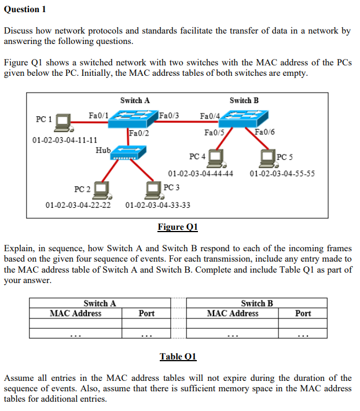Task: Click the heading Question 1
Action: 25,9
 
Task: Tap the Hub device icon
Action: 129,155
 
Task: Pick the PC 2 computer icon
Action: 102,189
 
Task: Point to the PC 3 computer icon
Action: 153,189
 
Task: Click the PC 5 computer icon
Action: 268,157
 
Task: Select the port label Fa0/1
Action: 98,115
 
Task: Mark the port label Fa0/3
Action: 169,115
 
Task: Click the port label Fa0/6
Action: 265,133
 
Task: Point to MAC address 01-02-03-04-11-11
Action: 65,140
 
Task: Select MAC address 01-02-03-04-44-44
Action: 201,173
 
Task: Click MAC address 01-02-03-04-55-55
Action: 282,173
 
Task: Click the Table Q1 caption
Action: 178,356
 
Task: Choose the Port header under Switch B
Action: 303,313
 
